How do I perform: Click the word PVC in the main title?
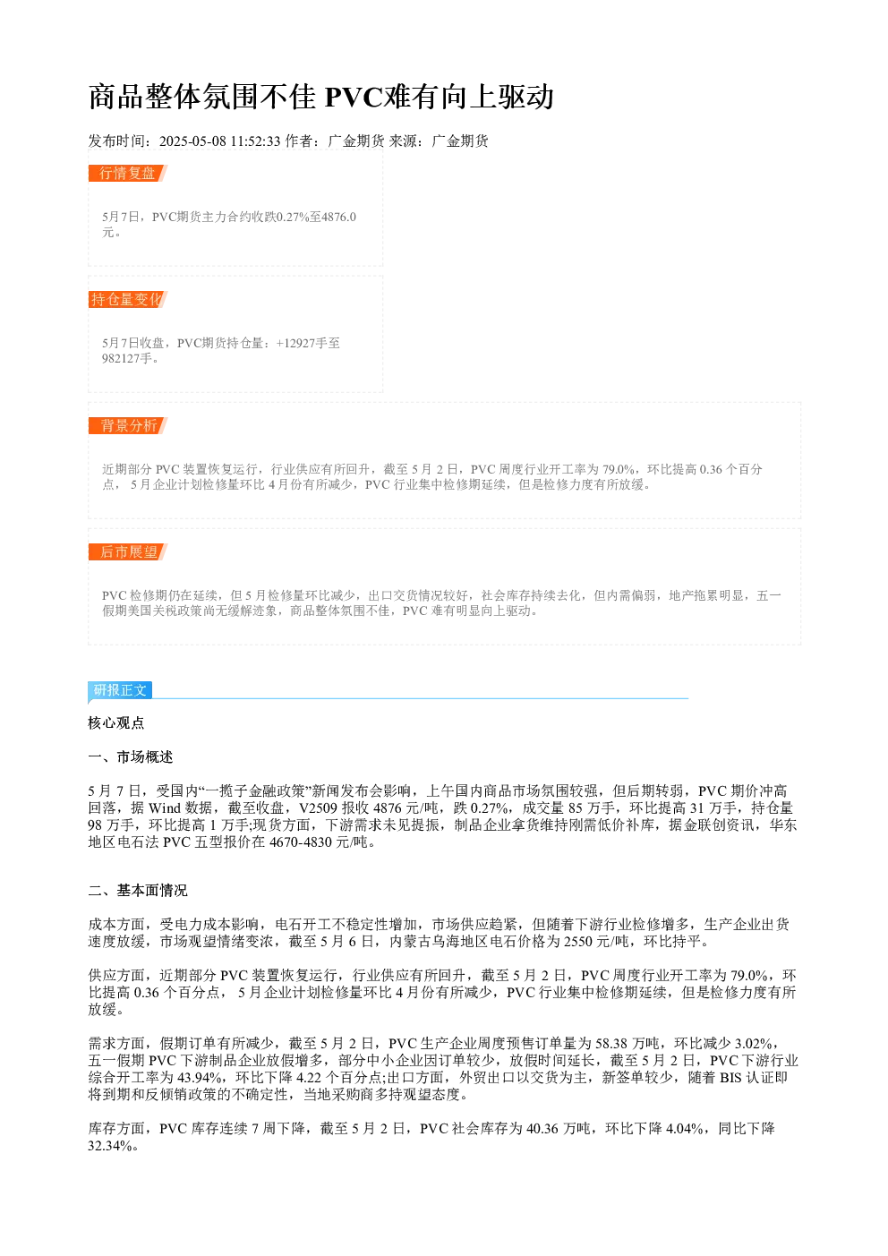[x=353, y=97]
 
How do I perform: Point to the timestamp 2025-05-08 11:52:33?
[x=219, y=141]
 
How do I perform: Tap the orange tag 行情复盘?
[x=127, y=174]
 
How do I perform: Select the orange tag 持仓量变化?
[x=127, y=299]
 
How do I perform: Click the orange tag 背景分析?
[x=127, y=425]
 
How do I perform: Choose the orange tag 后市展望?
[x=127, y=551]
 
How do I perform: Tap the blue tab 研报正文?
[x=120, y=689]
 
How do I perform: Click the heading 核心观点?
[x=116, y=723]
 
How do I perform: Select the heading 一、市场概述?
[x=131, y=757]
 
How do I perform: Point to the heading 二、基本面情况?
[x=138, y=891]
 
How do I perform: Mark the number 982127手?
[x=127, y=359]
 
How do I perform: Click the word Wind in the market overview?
[x=165, y=808]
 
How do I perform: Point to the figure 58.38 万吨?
[x=628, y=1044]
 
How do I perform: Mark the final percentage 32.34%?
[x=110, y=1146]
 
